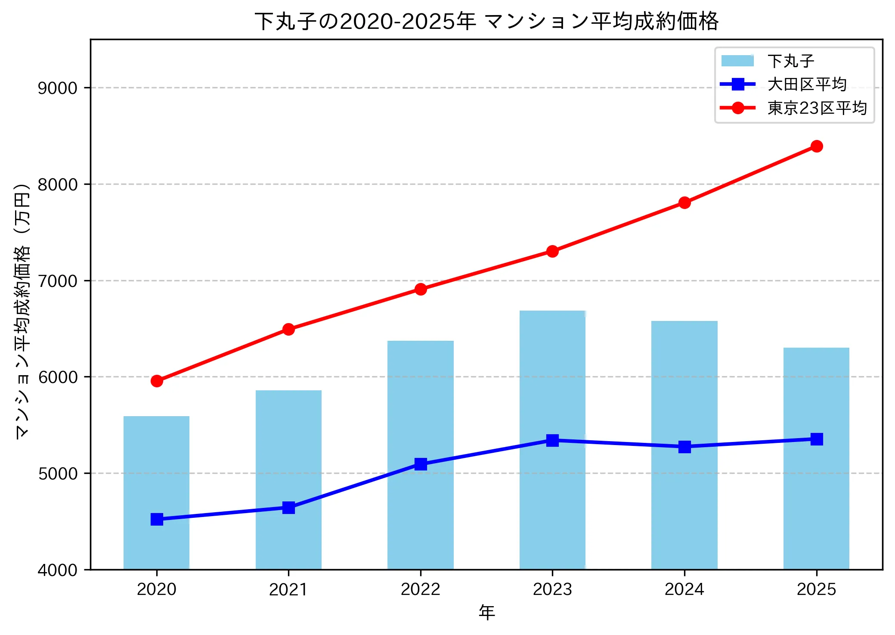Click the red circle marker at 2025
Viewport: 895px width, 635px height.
pyautogui.click(x=816, y=146)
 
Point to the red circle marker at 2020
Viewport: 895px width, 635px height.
pyautogui.click(x=157, y=381)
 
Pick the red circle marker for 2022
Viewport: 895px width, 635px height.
pyautogui.click(x=421, y=289)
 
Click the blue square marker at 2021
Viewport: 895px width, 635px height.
pyautogui.click(x=288, y=507)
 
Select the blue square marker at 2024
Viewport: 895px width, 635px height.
pyautogui.click(x=684, y=447)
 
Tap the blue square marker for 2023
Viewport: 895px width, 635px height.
pyautogui.click(x=552, y=440)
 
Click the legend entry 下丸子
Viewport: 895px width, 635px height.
pyautogui.click(x=790, y=61)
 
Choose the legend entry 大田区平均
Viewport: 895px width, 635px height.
pyautogui.click(x=806, y=84)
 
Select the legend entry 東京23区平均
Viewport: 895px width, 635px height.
pyautogui.click(x=817, y=108)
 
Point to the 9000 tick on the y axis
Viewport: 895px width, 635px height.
pyautogui.click(x=57, y=88)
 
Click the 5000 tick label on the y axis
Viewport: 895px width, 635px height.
pyautogui.click(x=57, y=473)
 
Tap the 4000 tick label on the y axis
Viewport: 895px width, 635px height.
pyautogui.click(x=57, y=570)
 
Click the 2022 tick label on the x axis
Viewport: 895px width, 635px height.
pyautogui.click(x=421, y=589)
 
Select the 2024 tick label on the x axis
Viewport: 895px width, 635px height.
pyautogui.click(x=684, y=589)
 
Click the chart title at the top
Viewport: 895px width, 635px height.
pyautogui.click(x=486, y=21)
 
